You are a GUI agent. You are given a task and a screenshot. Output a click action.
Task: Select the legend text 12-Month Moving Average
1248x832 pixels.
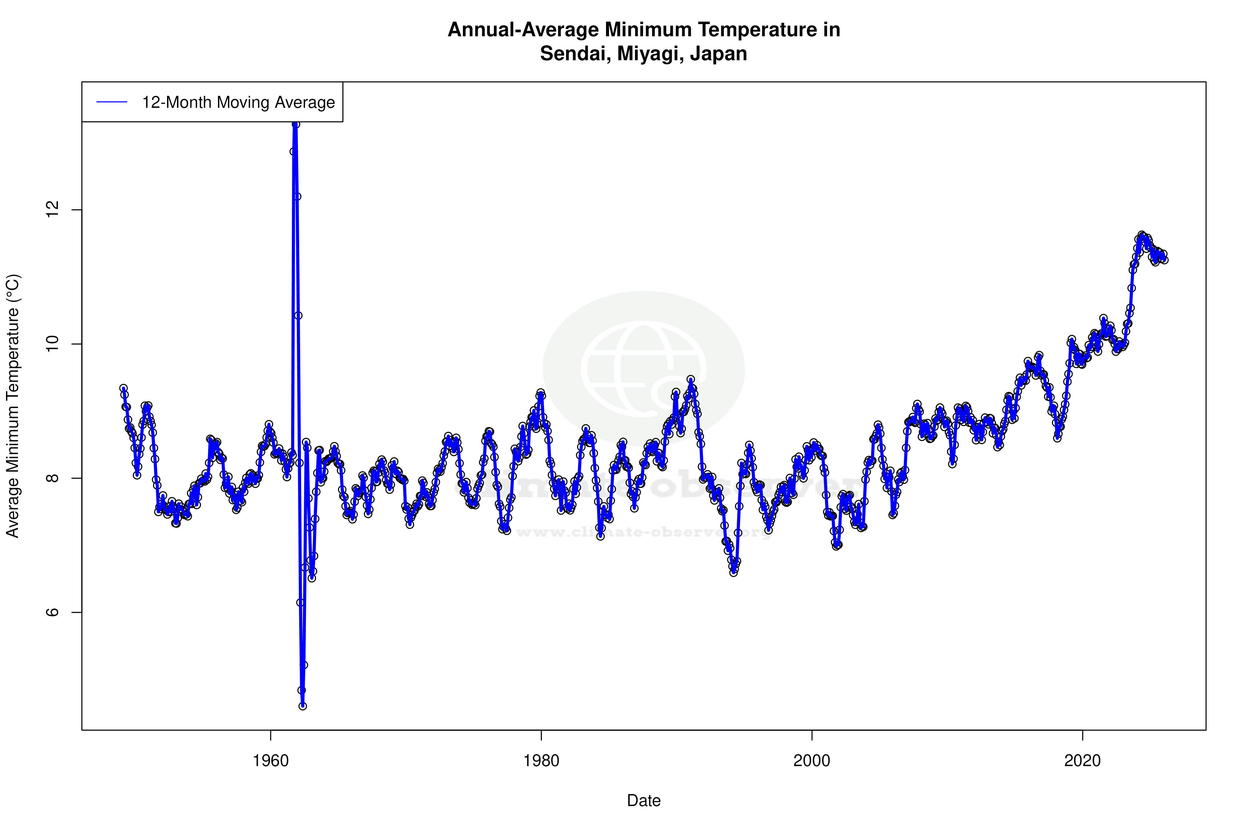[x=238, y=103]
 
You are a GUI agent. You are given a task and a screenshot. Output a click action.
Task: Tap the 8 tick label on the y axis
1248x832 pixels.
[x=52, y=478]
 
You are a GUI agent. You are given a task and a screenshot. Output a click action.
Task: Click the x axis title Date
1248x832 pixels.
[x=644, y=801]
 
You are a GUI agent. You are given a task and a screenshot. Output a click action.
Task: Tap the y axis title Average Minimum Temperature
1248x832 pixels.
[x=13, y=406]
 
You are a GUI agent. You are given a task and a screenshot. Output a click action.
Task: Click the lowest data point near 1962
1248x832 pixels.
[x=303, y=706]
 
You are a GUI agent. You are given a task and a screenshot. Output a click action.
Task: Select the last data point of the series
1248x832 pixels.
[x=1164, y=260]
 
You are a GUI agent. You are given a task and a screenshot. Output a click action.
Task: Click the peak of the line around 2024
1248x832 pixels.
[x=1142, y=235]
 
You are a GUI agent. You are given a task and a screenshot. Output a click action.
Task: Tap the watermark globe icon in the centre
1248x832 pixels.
[x=644, y=369]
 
